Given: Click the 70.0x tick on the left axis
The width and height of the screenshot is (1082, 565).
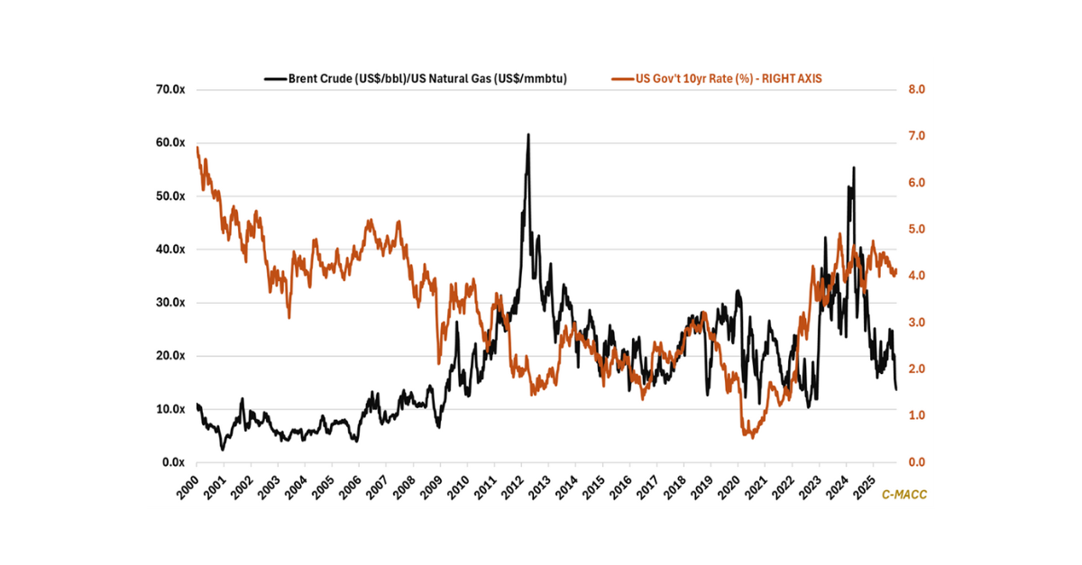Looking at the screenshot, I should [x=170, y=89].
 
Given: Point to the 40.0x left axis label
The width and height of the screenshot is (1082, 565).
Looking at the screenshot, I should [x=170, y=250].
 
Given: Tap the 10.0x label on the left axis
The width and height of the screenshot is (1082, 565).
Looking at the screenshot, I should [x=170, y=409].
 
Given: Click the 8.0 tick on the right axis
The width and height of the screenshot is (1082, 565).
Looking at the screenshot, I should [x=904, y=89].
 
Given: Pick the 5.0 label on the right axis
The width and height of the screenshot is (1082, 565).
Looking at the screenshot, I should [x=904, y=229].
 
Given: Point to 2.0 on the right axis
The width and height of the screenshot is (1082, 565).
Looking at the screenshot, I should [x=904, y=369].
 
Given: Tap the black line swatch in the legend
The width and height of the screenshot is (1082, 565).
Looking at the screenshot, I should [x=274, y=78].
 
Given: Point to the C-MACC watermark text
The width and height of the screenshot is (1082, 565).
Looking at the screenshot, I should [x=903, y=495].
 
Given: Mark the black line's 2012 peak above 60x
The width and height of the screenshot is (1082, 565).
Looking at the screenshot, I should [x=528, y=134].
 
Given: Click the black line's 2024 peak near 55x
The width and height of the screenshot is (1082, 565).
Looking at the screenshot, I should [x=853, y=168].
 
